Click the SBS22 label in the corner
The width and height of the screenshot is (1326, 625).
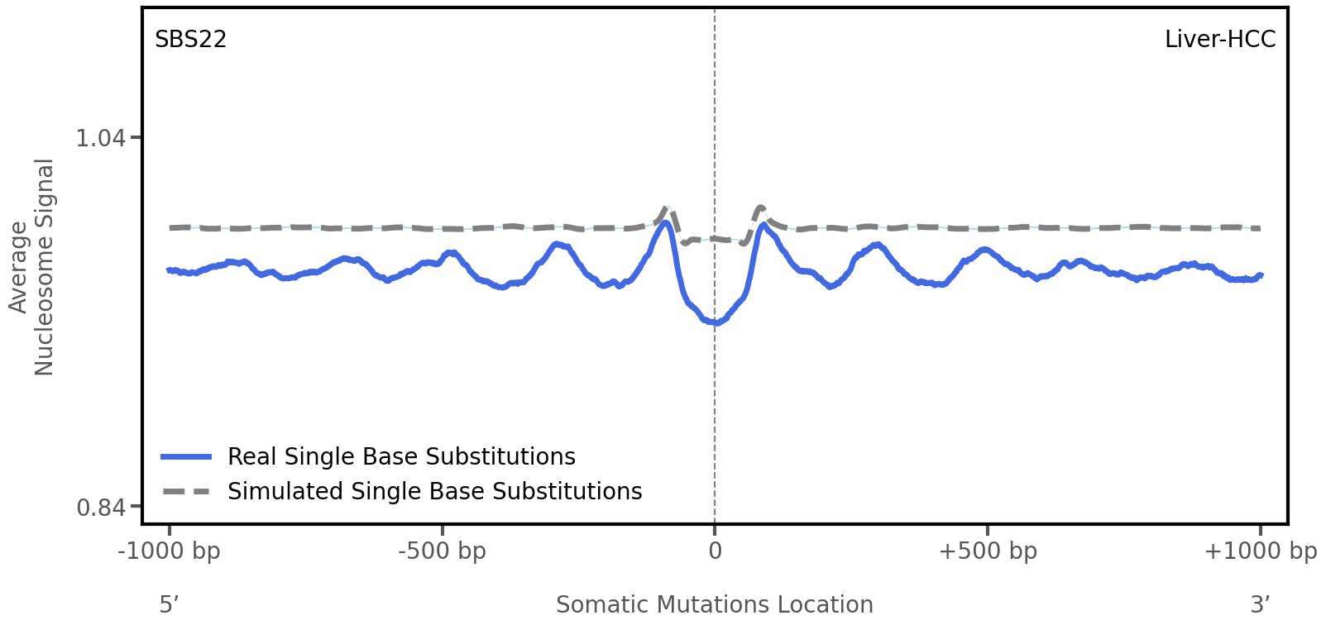point(190,40)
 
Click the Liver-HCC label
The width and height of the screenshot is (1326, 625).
point(1219,40)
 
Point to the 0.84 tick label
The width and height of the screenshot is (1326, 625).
point(100,507)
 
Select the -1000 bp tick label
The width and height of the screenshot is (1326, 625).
point(170,551)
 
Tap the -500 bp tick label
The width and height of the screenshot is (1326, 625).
point(442,551)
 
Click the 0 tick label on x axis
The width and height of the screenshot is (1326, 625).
point(715,551)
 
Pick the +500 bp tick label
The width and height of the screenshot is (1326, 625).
point(988,551)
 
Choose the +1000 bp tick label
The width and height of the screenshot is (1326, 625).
point(1260,551)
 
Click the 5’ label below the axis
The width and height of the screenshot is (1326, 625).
point(169,604)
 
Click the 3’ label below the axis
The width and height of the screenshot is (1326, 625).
point(1260,604)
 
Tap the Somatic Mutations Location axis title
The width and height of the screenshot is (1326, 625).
point(714,604)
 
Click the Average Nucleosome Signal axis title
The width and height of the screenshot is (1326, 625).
point(31,266)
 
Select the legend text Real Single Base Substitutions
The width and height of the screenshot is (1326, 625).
point(401,456)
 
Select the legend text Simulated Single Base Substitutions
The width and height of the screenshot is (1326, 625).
point(434,491)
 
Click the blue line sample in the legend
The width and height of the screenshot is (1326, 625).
point(186,456)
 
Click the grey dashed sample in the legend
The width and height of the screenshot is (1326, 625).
point(186,491)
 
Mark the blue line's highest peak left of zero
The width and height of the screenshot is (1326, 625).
point(663,222)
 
